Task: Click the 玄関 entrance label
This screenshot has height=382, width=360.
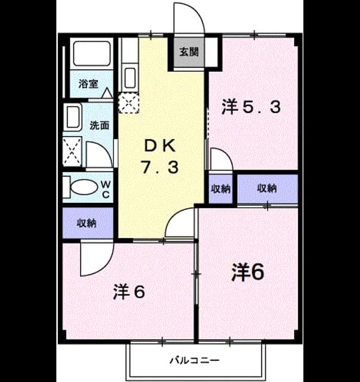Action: [189, 52]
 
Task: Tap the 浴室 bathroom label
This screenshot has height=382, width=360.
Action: [88, 84]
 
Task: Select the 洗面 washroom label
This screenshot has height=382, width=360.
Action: [99, 125]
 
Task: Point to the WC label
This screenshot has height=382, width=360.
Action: [106, 189]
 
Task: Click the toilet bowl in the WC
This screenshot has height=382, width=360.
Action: [84, 187]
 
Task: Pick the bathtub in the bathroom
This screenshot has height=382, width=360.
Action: [92, 54]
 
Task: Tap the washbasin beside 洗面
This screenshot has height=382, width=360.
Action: [73, 118]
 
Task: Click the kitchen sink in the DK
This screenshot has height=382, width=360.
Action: [130, 78]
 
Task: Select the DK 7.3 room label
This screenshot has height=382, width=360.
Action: [160, 156]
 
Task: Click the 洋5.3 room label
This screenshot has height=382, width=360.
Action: [251, 107]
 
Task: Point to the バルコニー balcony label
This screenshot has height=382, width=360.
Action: [195, 360]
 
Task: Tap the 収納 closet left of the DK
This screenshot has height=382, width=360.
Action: [88, 223]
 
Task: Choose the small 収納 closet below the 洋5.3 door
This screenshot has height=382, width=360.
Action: [220, 189]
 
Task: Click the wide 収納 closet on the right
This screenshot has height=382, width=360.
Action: [267, 189]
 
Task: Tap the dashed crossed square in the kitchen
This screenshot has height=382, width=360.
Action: [128, 103]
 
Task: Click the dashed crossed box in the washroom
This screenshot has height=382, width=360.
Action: [72, 152]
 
